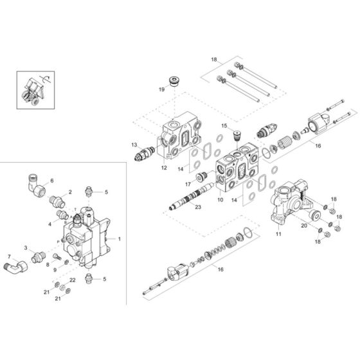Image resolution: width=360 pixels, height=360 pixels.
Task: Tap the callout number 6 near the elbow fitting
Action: [52, 181]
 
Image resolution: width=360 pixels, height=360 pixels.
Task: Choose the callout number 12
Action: [164, 168]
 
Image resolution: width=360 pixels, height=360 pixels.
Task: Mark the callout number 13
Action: [134, 145]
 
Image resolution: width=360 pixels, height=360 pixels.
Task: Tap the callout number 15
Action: [225, 126]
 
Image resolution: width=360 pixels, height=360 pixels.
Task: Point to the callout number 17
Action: [188, 183]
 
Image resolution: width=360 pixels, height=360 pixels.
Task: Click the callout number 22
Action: [73, 280]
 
